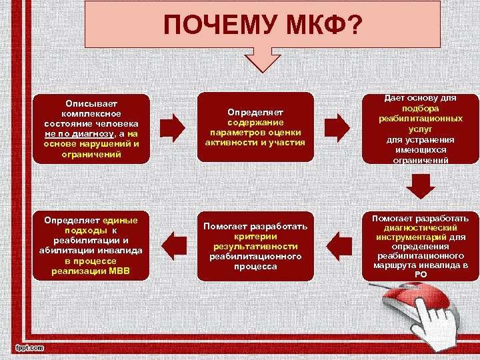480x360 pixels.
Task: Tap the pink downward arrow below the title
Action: pos(266,59)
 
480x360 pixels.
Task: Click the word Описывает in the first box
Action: pos(91,103)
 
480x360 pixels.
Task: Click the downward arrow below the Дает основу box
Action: pos(421,187)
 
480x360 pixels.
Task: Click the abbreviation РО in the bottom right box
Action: pos(421,274)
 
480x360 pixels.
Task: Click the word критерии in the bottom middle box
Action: pos(255,237)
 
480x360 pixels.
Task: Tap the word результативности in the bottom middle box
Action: pos(255,247)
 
